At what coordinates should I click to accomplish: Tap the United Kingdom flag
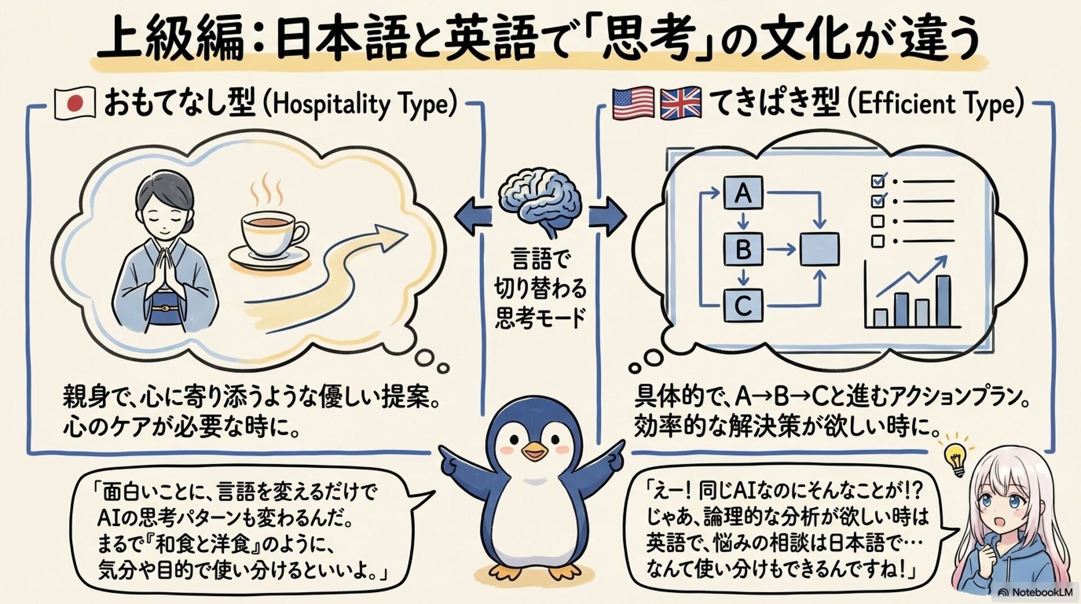681,103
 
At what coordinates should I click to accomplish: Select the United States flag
633,103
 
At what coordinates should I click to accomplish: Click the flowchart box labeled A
743,193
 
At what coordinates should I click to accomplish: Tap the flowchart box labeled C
743,305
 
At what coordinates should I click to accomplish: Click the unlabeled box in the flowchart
820,248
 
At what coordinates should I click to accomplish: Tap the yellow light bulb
954,458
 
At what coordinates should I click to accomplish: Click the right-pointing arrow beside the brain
608,217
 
